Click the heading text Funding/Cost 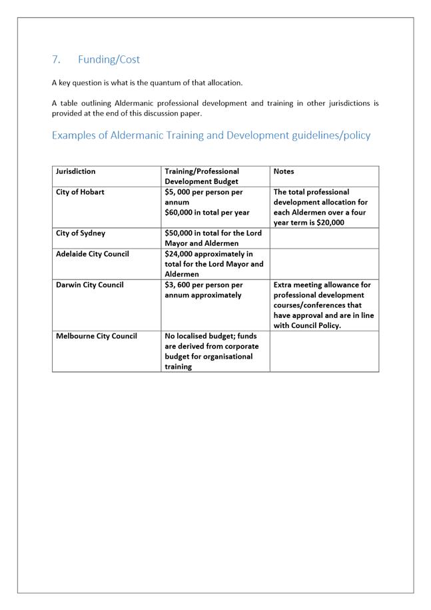point(109,59)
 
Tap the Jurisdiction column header point(75,171)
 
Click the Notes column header point(284,171)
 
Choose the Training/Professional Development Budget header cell point(201,176)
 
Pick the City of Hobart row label point(80,192)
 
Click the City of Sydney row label point(80,233)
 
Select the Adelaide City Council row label point(92,254)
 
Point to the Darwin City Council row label point(89,285)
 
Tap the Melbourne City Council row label point(96,336)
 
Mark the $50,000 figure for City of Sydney point(181,233)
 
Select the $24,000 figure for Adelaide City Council point(181,254)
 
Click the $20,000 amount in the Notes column point(329,223)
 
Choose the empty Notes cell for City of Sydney point(324,238)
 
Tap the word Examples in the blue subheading point(76,135)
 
